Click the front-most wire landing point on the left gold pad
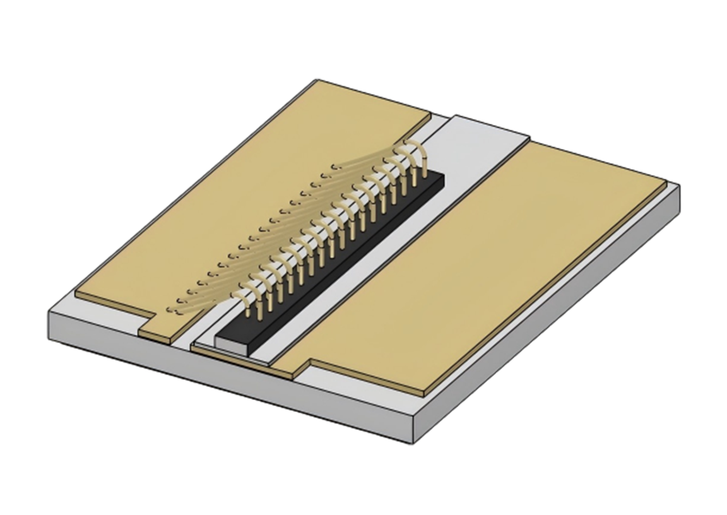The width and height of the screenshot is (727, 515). click(x=170, y=309)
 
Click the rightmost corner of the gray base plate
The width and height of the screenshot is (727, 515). click(x=679, y=189)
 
